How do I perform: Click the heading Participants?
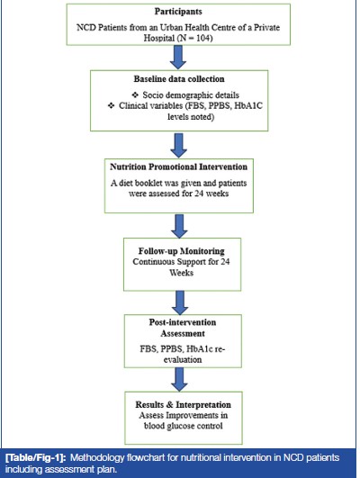(178, 12)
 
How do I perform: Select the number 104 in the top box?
(203, 39)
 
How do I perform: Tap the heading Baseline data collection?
(179, 79)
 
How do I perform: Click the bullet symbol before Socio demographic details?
(135, 95)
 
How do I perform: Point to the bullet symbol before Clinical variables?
(112, 106)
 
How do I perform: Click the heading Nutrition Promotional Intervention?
(178, 167)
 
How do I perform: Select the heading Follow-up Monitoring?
(182, 251)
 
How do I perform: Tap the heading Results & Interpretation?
(184, 405)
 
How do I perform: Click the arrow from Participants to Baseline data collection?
(178, 58)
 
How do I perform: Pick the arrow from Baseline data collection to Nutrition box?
(178, 145)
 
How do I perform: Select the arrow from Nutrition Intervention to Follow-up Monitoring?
(179, 226)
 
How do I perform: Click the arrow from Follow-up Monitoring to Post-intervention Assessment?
(180, 302)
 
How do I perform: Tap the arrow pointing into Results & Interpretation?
(179, 380)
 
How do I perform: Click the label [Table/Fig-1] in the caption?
(36, 457)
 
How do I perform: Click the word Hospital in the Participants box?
(158, 39)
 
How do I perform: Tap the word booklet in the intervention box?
(148, 184)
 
